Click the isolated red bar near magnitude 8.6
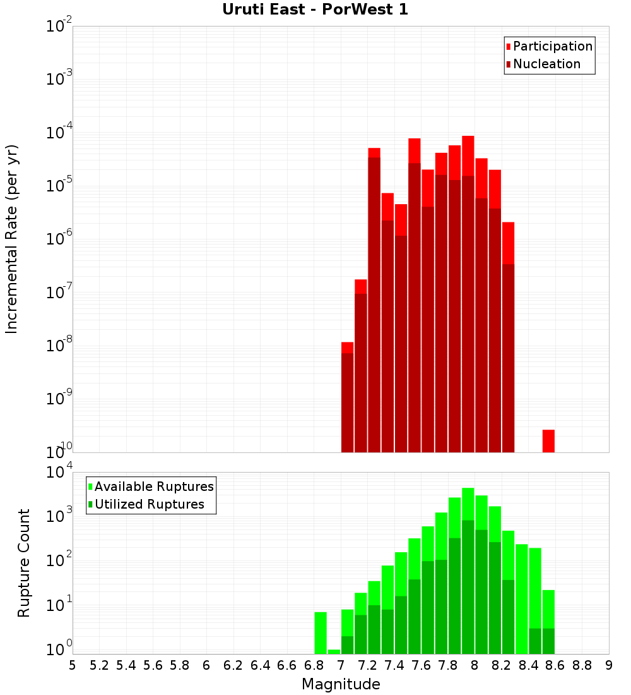[x=548, y=440]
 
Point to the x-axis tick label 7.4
[x=394, y=665]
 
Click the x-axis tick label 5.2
[x=99, y=665]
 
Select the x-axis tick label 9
[x=609, y=665]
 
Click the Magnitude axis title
[x=341, y=684]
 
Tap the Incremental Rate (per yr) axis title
[x=12, y=239]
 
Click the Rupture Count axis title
[x=24, y=562]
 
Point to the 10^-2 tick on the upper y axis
[x=59, y=27]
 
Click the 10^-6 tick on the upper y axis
[x=59, y=239]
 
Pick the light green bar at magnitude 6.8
[x=321, y=632]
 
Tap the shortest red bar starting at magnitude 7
[x=347, y=398]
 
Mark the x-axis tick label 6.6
[x=287, y=665]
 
